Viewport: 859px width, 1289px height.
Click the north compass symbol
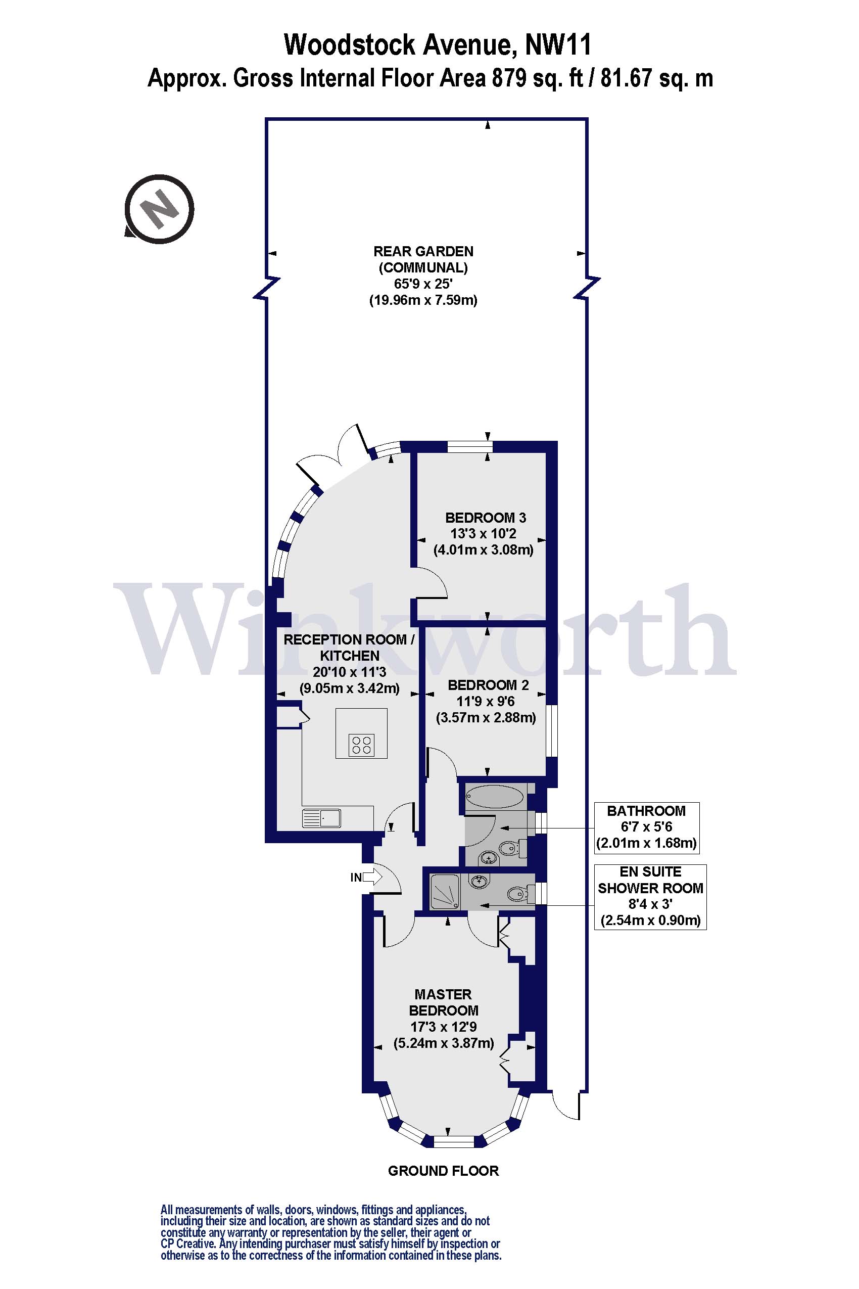tap(159, 209)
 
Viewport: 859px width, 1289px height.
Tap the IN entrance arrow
tap(372, 878)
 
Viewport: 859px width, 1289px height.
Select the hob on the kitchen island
tap(362, 745)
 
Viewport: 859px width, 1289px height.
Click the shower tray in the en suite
tap(445, 892)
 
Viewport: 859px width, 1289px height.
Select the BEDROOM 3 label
tap(486, 517)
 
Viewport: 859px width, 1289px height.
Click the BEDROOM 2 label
tap(488, 685)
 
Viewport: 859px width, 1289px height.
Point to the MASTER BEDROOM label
tap(444, 1002)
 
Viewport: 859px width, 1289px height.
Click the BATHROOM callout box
tap(646, 827)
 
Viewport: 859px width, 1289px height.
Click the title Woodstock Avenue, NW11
tap(438, 45)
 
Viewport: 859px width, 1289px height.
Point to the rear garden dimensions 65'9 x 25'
tap(423, 284)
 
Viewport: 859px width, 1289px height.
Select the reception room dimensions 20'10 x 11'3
tap(350, 672)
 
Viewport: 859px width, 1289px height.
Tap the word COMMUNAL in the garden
tap(423, 268)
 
